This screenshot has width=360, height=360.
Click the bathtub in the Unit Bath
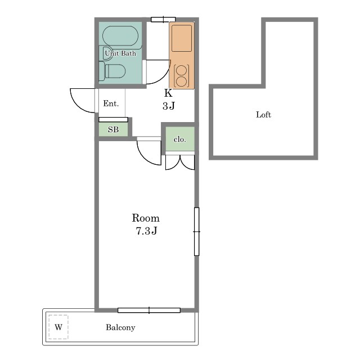point(120,36)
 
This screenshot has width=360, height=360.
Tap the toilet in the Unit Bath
point(112,71)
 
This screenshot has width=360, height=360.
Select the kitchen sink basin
point(182,38)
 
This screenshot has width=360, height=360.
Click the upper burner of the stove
point(182,70)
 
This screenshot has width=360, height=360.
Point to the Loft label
point(263,115)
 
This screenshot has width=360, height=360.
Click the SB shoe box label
point(113,129)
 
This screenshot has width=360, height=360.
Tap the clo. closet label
point(180,139)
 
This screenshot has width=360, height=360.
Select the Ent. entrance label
point(111,103)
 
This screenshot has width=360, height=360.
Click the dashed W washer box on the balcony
point(58,327)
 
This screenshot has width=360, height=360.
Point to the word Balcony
point(120,327)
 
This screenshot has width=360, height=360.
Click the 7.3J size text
point(146,231)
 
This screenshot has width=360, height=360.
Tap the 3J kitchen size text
point(169,106)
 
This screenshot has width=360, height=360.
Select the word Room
point(146,218)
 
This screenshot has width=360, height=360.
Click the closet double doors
point(180,163)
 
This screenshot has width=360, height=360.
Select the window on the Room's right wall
point(196,231)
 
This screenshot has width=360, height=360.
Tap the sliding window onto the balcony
point(149,310)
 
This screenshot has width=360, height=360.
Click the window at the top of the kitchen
point(163,20)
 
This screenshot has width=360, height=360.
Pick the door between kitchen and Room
point(149,151)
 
